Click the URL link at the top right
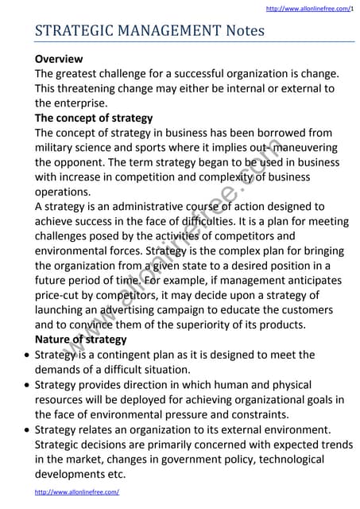308,8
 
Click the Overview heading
59,59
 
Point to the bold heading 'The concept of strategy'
94,118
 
